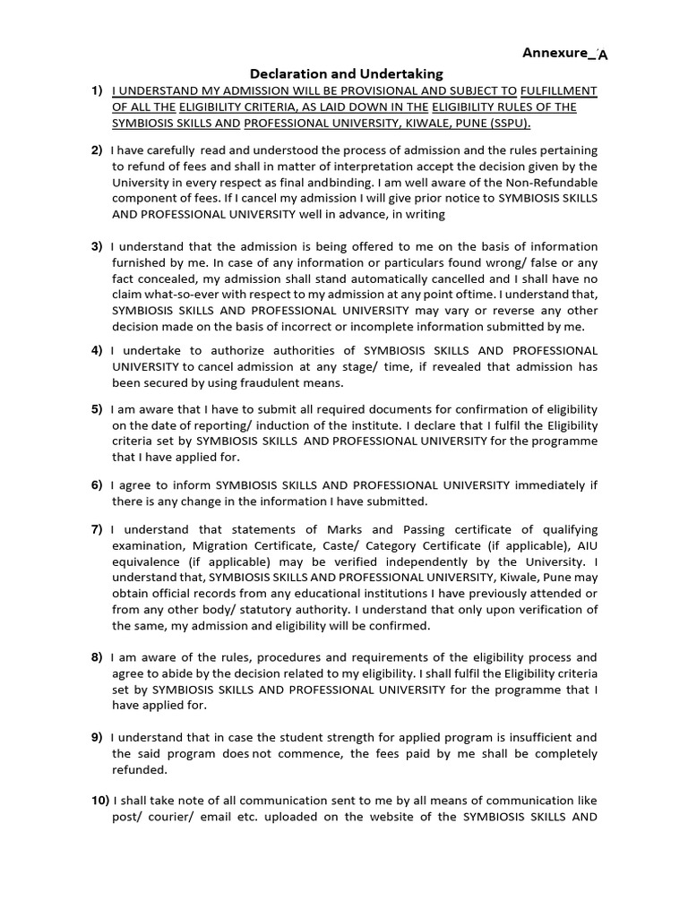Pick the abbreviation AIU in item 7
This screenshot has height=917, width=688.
586,545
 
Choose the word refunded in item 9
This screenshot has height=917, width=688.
138,769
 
